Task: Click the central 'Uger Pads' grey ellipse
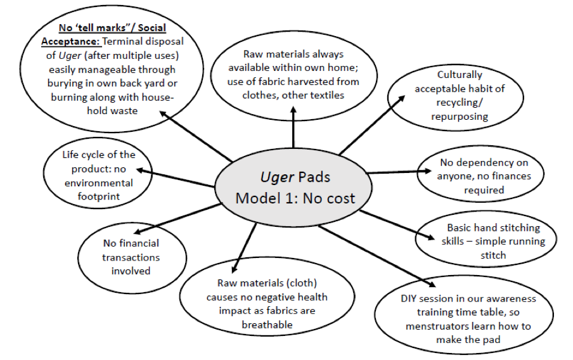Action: click(x=295, y=187)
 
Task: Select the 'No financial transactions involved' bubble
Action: click(x=131, y=257)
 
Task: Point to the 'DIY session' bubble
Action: click(x=468, y=319)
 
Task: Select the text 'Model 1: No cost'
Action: click(x=295, y=198)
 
